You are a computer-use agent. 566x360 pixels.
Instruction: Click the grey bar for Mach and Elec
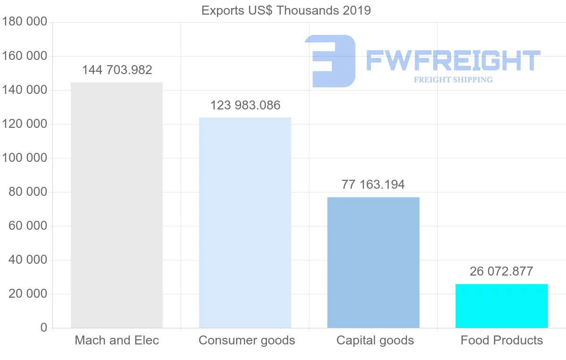pos(117,205)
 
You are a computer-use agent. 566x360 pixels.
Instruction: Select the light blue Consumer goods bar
pos(245,223)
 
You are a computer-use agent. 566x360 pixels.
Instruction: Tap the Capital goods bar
pos(373,262)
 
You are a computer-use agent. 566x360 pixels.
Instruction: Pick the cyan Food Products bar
pos(501,306)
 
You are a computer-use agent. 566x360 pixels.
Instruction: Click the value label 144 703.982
pos(117,70)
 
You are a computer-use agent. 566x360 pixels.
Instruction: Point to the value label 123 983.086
pos(245,105)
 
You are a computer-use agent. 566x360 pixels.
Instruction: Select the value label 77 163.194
pos(373,184)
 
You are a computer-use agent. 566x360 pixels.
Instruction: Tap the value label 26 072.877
pos(501,271)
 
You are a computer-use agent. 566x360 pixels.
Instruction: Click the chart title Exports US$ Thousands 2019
pos(286,10)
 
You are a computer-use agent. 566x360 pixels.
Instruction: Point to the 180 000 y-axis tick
pos(25,22)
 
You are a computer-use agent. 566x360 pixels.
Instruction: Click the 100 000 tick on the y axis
pos(25,158)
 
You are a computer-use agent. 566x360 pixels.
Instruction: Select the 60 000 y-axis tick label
pos(28,226)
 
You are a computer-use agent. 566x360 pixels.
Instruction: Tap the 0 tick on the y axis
pos(44,328)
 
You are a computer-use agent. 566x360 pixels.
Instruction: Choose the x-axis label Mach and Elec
pos(117,340)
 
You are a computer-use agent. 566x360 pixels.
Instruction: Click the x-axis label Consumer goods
pos(247,340)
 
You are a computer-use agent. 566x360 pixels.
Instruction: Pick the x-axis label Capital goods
pos(375,340)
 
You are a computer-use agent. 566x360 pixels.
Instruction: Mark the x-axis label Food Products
pos(502,340)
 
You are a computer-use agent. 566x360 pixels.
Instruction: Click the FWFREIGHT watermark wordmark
pos(453,61)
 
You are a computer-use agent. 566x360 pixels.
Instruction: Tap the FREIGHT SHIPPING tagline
pos(453,80)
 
